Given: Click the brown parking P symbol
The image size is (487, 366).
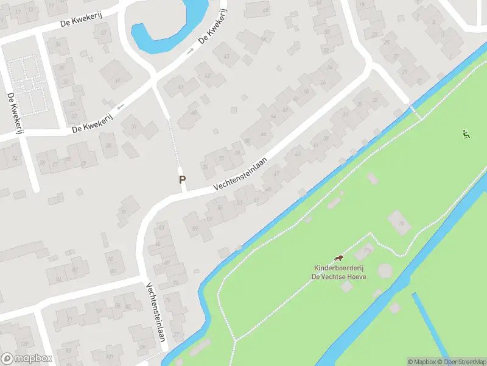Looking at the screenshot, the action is (x=182, y=179).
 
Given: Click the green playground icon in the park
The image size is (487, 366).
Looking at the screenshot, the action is (x=466, y=134).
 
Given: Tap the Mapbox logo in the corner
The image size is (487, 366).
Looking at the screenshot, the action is (x=26, y=359).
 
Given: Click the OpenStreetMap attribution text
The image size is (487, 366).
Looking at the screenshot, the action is (x=460, y=362).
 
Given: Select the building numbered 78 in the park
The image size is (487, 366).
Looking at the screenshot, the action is (x=400, y=223).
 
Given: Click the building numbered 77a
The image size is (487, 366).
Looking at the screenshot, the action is (x=366, y=250).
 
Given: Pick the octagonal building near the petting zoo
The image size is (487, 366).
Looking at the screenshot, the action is (x=385, y=270).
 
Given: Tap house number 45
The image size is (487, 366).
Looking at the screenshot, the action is (x=265, y=10).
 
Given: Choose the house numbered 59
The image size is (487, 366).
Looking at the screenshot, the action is (x=195, y=228).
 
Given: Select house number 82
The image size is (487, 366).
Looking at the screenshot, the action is (x=76, y=268).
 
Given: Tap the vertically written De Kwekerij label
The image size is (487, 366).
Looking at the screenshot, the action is (x=11, y=113).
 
